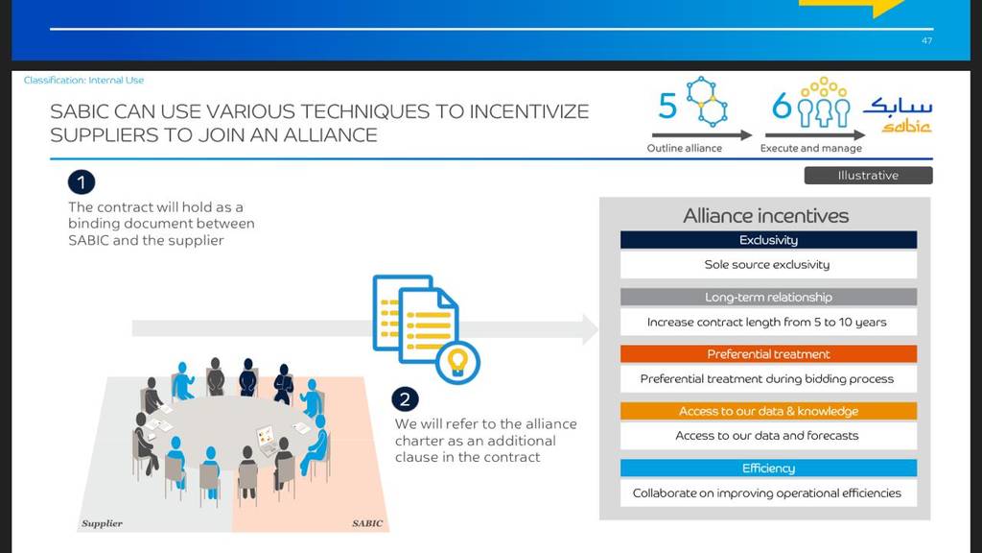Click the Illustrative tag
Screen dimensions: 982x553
868,176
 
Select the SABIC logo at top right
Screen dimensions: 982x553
898,115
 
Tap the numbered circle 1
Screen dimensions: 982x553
82,182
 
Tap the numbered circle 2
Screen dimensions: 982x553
406,399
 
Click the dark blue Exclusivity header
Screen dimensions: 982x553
768,240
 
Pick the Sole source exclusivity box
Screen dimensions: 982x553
768,265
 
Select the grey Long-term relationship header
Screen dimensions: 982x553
768,298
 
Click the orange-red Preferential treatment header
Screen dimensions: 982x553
768,354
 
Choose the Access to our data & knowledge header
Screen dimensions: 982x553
768,411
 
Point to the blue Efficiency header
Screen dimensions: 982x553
768,469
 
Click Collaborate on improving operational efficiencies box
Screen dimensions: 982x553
768,493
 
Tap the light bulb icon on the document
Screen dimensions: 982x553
457,362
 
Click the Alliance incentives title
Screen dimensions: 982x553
766,216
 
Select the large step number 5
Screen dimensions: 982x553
667,106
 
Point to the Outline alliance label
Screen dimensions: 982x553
685,148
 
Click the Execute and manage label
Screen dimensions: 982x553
811,148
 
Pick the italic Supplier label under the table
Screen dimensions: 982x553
102,523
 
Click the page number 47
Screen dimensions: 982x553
927,40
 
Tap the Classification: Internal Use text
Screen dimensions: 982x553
84,81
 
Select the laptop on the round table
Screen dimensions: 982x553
267,439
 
